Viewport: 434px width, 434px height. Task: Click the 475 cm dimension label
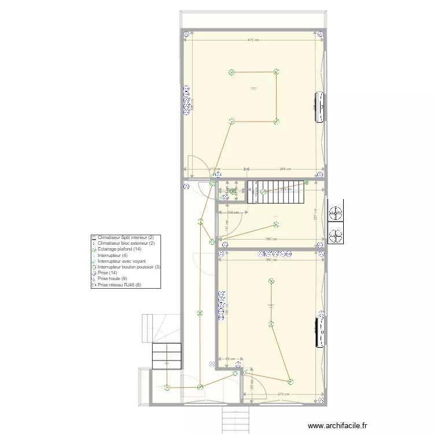(253, 40)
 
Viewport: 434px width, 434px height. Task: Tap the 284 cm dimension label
(284, 169)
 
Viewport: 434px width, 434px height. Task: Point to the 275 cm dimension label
(284, 394)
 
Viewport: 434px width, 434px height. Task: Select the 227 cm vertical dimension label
(315, 214)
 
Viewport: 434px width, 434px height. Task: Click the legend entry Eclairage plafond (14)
(120, 249)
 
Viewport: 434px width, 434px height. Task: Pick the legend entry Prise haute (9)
(112, 279)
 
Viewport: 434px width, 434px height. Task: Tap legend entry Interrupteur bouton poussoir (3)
(128, 267)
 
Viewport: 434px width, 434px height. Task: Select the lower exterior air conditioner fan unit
(335, 236)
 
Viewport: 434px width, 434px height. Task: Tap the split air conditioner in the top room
(319, 107)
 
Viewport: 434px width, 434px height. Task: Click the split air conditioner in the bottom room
(319, 331)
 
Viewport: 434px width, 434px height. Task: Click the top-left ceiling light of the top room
(231, 72)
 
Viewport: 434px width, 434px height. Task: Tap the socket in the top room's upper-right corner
(321, 34)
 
